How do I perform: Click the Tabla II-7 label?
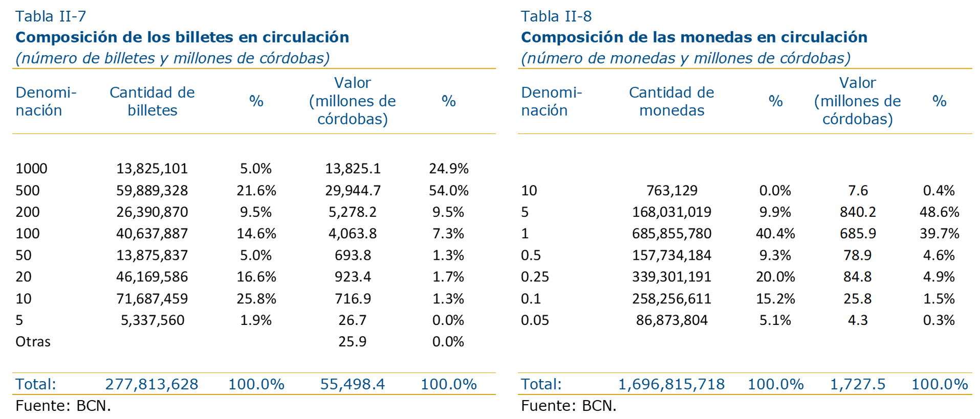point(51,16)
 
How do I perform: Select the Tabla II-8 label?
point(556,16)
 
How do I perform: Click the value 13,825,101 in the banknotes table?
point(152,168)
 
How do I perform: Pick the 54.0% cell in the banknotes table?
point(448,190)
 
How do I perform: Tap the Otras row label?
point(33,341)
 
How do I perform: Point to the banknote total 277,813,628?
point(151,384)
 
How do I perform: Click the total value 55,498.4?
point(352,384)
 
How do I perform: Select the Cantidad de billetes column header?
point(152,101)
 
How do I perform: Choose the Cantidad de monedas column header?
point(671,101)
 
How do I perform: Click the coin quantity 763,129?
point(671,190)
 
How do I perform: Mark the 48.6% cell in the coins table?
point(939,212)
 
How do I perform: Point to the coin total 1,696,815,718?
point(671,384)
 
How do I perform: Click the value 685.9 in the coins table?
point(858,233)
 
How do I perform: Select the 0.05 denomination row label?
point(535,320)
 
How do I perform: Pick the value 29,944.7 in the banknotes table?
point(353,190)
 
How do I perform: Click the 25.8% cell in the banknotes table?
point(256,298)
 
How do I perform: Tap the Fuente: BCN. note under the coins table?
point(569,406)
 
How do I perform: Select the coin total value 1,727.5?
point(857,384)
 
